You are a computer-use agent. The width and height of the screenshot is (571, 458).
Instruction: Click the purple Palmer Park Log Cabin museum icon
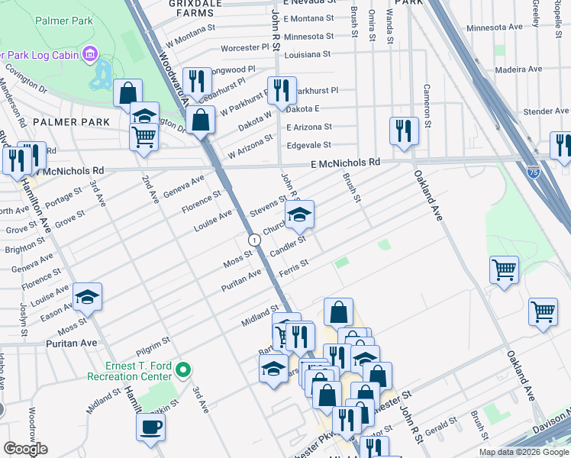point(90,54)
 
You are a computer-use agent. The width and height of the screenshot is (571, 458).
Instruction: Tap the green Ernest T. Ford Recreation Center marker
point(182,370)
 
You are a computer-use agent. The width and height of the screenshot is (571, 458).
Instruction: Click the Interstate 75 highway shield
point(534,172)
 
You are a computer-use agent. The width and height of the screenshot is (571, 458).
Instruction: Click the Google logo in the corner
point(24,449)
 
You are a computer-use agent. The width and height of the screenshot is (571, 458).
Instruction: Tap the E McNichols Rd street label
point(344,163)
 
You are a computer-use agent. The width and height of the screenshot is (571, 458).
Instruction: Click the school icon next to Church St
point(300,214)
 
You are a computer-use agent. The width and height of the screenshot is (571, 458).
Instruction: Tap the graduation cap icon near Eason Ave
point(88,296)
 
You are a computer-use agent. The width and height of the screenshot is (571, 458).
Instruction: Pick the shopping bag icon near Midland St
point(338,311)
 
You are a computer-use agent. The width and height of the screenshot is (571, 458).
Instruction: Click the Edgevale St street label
point(308,144)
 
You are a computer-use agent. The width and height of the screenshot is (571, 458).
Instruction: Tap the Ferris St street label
point(293,265)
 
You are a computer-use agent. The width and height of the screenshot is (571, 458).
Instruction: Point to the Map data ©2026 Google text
point(523,452)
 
